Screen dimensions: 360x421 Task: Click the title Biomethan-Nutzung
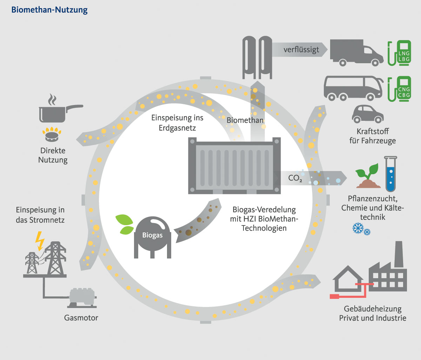click(x=49, y=9)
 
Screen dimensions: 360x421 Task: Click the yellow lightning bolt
click(x=40, y=240)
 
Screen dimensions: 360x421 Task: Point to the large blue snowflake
click(x=357, y=229)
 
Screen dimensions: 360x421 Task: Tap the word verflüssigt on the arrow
click(x=301, y=50)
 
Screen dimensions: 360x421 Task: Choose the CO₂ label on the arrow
click(x=295, y=178)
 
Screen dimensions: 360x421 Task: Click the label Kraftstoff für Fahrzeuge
click(x=372, y=136)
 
